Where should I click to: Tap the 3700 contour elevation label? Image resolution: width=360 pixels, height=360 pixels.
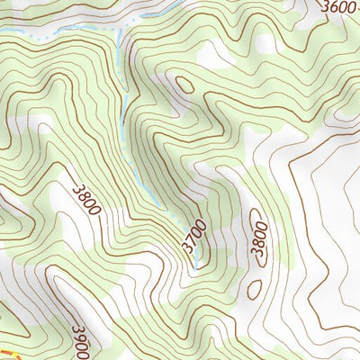(x=193, y=235)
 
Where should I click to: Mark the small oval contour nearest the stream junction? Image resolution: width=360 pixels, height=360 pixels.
(x=184, y=85)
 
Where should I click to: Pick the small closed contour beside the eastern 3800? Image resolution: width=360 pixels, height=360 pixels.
(x=255, y=288)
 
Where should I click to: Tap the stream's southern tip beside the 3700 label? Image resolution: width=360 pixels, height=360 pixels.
(x=195, y=266)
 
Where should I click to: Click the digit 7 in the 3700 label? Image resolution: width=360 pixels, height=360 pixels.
(x=192, y=238)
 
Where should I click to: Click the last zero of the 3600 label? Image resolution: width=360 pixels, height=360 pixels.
(x=351, y=6)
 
